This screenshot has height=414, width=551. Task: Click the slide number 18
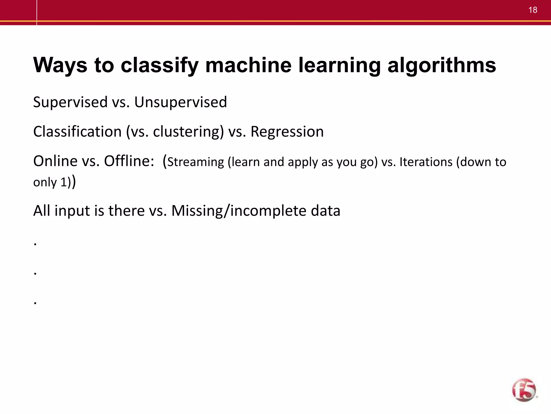click(533, 10)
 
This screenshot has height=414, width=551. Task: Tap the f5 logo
click(524, 390)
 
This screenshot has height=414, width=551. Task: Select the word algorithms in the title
click(442, 65)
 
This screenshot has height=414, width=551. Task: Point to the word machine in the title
click(248, 65)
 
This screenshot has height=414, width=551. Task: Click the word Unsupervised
click(181, 102)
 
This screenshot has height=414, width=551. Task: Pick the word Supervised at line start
click(70, 102)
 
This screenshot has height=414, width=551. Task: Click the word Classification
click(77, 132)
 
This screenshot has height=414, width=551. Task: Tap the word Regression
click(287, 132)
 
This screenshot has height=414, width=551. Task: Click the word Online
click(55, 161)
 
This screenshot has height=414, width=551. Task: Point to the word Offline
click(129, 161)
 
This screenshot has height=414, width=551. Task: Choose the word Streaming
click(196, 162)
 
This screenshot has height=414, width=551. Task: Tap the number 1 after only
click(63, 182)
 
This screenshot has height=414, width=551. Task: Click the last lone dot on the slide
click(35, 303)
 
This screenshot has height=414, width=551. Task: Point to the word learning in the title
click(340, 65)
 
